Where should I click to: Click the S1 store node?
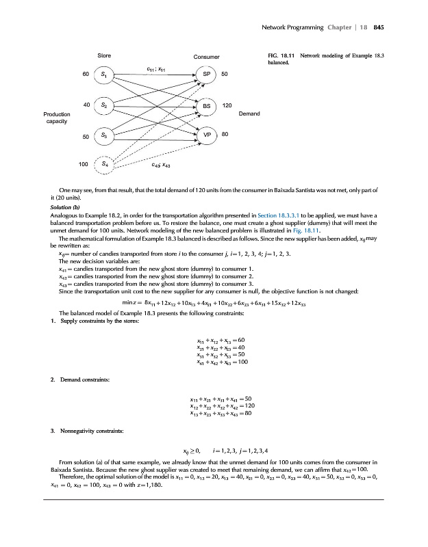(x=103, y=73)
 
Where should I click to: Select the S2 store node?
(x=103, y=105)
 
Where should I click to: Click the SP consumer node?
(x=206, y=73)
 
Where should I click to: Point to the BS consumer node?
(x=206, y=106)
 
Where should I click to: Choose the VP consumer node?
(x=206, y=135)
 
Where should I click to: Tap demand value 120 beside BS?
(x=227, y=106)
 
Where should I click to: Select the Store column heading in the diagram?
(x=105, y=55)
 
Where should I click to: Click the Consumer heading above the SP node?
(x=206, y=56)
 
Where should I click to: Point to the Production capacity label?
(x=55, y=117)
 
